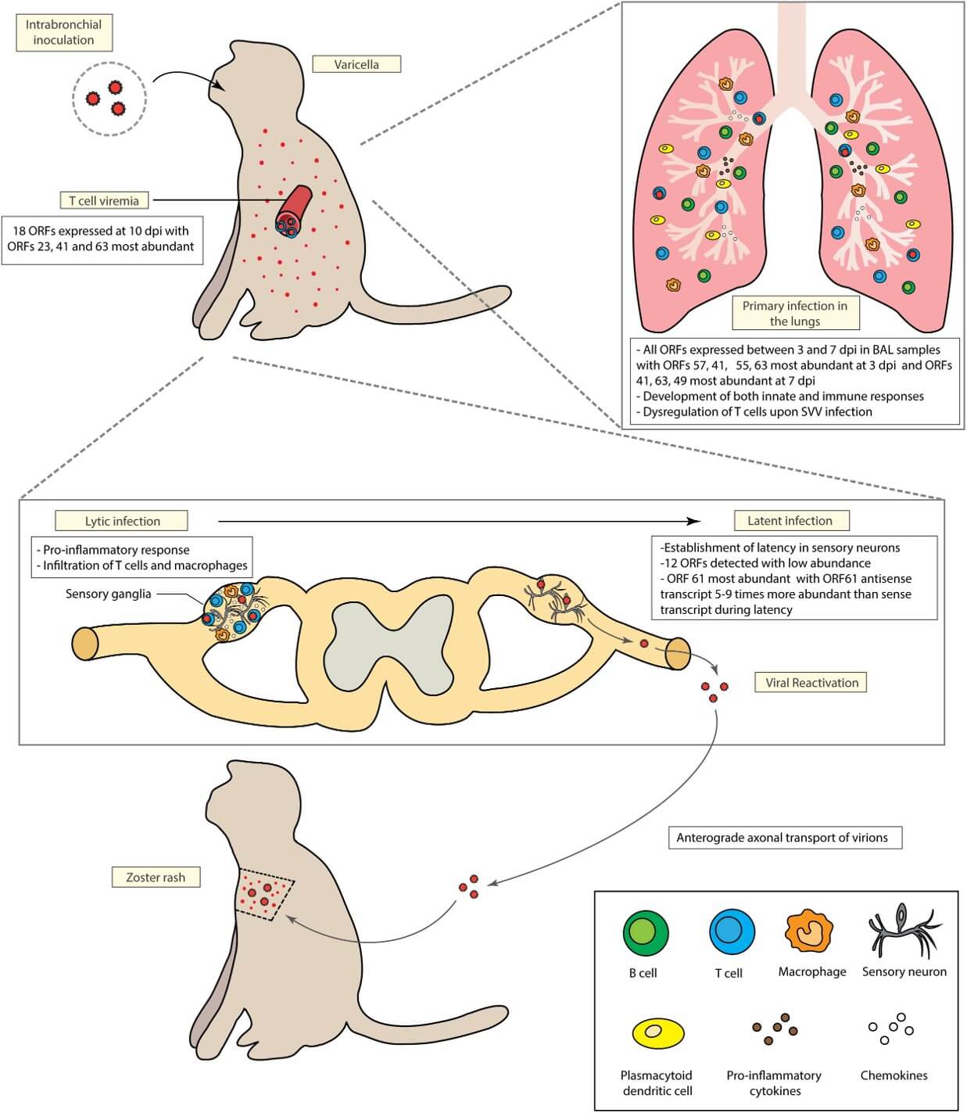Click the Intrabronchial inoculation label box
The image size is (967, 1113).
tap(63, 32)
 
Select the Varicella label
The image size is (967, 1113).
tap(356, 64)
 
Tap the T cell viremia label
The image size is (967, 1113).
tap(104, 200)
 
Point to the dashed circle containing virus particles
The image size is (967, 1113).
tap(109, 99)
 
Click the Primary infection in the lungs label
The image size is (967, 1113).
tap(794, 313)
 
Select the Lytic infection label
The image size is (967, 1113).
tap(122, 521)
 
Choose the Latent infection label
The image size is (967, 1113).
tap(790, 520)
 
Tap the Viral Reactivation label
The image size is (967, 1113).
tap(811, 682)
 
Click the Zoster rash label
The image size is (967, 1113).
tap(156, 877)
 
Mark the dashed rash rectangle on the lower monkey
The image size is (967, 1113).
tap(265, 895)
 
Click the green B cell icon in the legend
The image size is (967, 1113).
tap(645, 932)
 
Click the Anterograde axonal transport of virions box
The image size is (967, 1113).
tap(782, 837)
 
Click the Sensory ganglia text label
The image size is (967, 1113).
tap(108, 594)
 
